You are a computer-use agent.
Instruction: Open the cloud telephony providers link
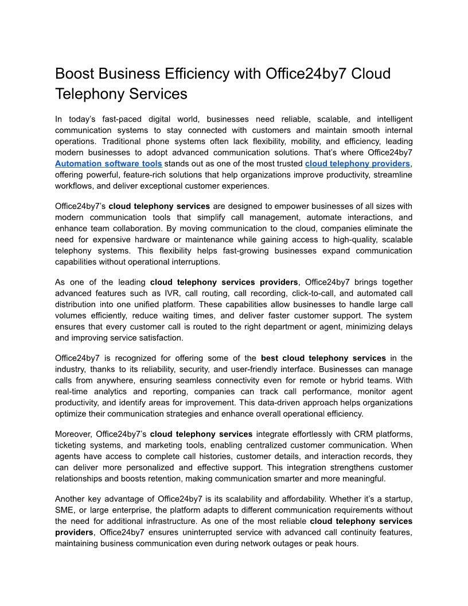pos(357,164)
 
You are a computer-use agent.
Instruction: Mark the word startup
pos(396,499)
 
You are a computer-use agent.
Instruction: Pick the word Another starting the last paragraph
pos(71,499)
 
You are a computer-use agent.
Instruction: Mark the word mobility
pos(294,141)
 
